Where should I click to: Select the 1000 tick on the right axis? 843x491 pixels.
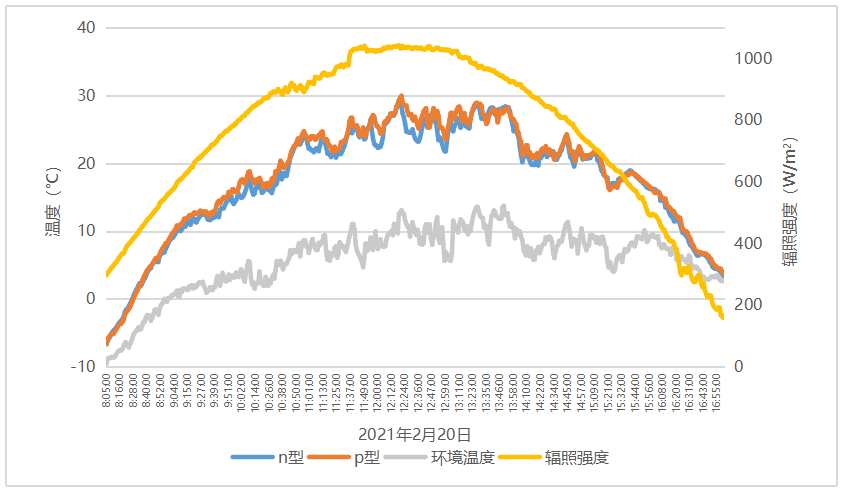pos(753,59)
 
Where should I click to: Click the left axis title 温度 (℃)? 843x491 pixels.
pos(52,197)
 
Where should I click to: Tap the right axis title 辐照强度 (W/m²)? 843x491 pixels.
pos(790,197)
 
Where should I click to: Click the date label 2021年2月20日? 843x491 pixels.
pos(414,434)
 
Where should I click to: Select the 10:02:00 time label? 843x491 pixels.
pos(241,393)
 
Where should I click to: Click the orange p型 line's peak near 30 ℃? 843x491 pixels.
pos(401,96)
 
